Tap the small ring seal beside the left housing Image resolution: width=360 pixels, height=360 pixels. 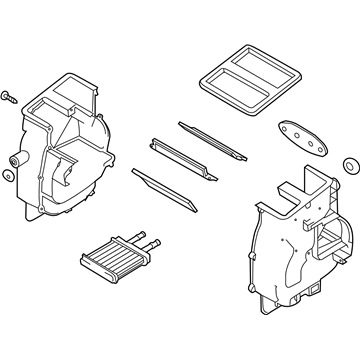click(9, 176)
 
